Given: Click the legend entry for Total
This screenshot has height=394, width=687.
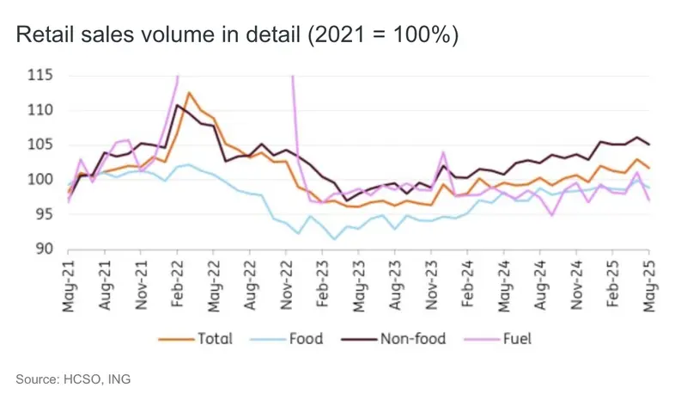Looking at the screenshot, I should (x=199, y=338).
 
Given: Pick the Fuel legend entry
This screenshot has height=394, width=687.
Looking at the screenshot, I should (x=501, y=338).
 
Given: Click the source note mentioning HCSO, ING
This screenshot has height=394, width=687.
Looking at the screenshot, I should (x=73, y=378).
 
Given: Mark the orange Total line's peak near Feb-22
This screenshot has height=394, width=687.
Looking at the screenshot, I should (x=188, y=93).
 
